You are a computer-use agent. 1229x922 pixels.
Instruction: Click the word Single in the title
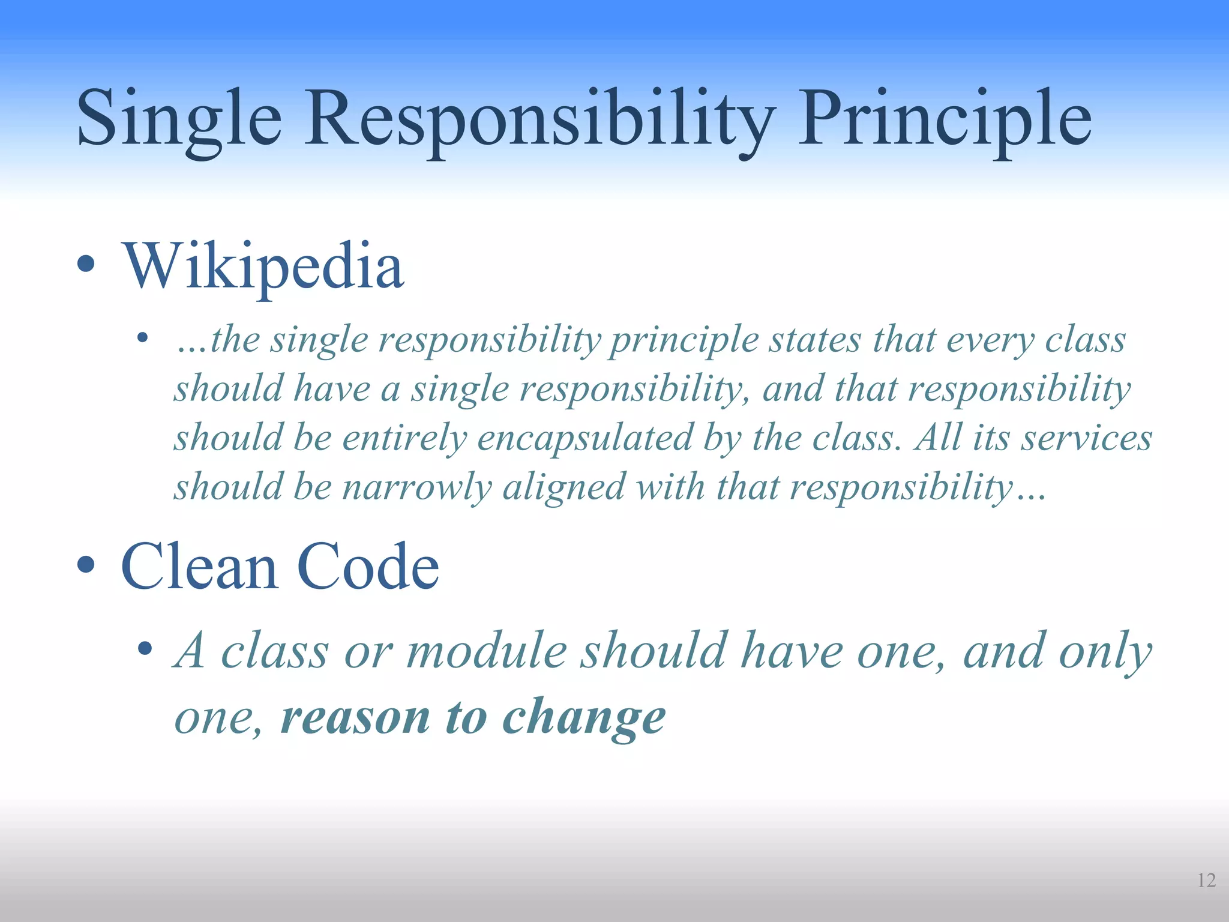tap(179, 119)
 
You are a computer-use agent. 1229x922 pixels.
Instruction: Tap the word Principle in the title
tap(945, 119)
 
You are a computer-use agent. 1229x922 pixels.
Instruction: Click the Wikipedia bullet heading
tap(263, 266)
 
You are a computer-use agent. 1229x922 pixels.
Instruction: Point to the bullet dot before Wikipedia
tap(86, 264)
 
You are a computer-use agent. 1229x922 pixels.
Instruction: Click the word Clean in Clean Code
tap(199, 566)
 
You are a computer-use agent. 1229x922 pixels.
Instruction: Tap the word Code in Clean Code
tap(368, 566)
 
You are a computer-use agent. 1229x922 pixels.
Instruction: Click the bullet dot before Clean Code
tap(86, 564)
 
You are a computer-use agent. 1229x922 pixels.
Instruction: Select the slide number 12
tap(1206, 880)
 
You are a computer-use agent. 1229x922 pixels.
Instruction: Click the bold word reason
tap(355, 717)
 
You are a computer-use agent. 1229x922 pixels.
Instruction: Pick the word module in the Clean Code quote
tap(486, 651)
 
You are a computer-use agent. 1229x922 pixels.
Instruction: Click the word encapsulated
tap(585, 438)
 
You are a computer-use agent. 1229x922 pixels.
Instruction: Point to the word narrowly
tap(417, 486)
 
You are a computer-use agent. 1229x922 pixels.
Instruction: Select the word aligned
tap(564, 487)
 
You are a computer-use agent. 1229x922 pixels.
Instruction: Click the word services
tap(1087, 438)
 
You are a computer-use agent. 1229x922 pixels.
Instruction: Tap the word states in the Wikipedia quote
tap(816, 340)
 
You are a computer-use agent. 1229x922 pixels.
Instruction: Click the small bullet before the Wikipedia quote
tap(142, 338)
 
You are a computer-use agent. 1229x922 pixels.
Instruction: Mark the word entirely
tap(404, 438)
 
